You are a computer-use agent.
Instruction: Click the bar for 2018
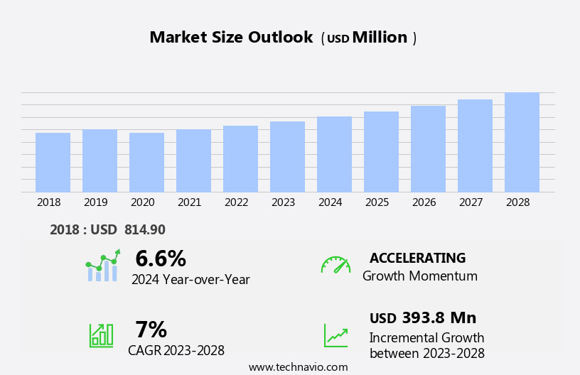[x=53, y=163]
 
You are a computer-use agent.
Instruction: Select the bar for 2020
[x=146, y=163]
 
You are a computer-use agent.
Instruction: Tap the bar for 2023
[x=287, y=157]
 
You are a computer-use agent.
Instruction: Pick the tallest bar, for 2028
[x=522, y=142]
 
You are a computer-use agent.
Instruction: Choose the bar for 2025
[x=381, y=152]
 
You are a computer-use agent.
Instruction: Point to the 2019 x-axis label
[x=96, y=202]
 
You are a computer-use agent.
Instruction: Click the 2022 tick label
[x=237, y=202]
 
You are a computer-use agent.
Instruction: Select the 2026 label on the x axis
[x=424, y=202]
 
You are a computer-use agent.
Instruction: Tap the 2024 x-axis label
[x=331, y=202]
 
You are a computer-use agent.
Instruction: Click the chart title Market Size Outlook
[x=231, y=38]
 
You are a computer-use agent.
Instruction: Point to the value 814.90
[x=144, y=230]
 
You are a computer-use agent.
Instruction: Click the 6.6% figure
[x=161, y=259]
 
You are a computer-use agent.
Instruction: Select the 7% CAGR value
[x=151, y=330]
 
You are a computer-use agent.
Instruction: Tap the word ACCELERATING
[x=417, y=259]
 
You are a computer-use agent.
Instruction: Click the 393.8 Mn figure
[x=439, y=318]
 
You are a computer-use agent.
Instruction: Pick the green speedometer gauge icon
[x=335, y=265]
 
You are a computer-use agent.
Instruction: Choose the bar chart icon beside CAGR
[x=101, y=335]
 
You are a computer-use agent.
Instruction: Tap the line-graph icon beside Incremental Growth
[x=335, y=335]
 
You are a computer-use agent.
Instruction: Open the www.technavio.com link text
[x=298, y=367]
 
